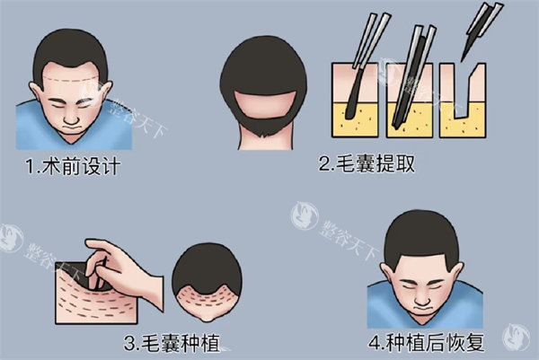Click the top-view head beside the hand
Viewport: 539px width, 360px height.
tap(209, 283)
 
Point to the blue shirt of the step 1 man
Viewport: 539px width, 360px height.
tap(36, 126)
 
